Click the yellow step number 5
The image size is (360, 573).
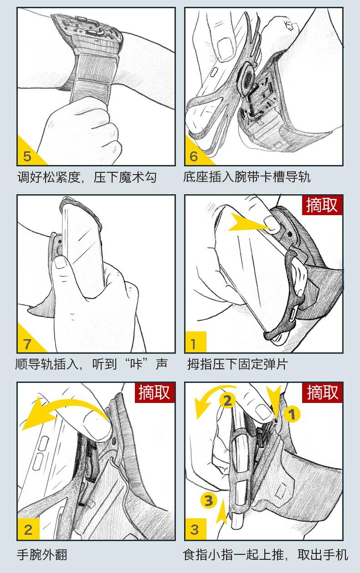[x=27, y=156]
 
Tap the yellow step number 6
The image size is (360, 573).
[x=194, y=156]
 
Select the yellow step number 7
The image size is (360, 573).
[x=27, y=344]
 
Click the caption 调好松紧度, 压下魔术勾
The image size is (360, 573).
[x=87, y=177]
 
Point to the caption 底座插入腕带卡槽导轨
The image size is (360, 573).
[x=247, y=177]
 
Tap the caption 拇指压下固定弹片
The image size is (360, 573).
[x=238, y=364]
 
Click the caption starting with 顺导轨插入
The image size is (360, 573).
[x=91, y=364]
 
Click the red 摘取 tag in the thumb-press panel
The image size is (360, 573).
[x=322, y=205]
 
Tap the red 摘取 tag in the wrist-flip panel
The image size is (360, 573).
[x=154, y=392]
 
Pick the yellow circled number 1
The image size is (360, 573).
[x=292, y=414]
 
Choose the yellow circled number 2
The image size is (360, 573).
[x=227, y=401]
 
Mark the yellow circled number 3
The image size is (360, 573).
[x=209, y=500]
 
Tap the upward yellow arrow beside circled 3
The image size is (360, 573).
[x=221, y=511]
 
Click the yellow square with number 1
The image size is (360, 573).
[x=195, y=342]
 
